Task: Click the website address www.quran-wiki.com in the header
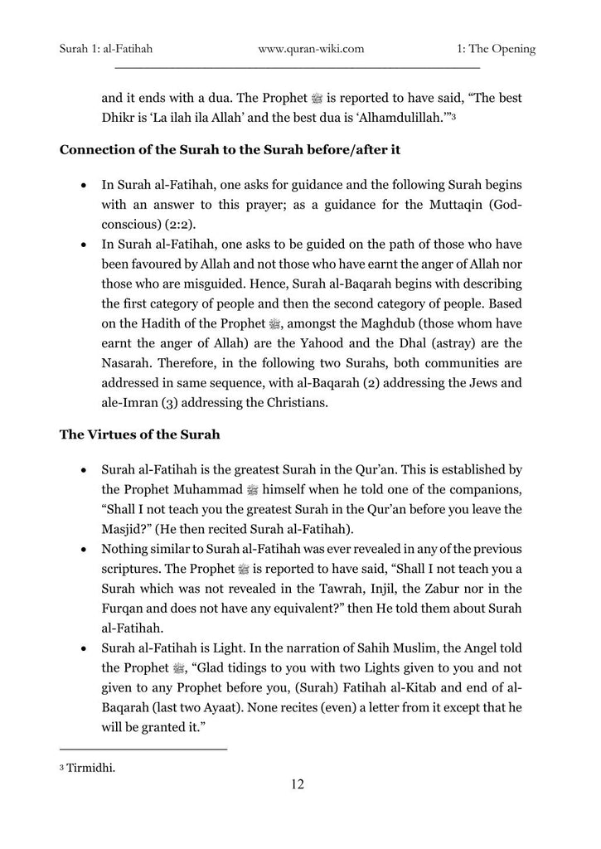[311, 49]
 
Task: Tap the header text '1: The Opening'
[496, 49]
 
